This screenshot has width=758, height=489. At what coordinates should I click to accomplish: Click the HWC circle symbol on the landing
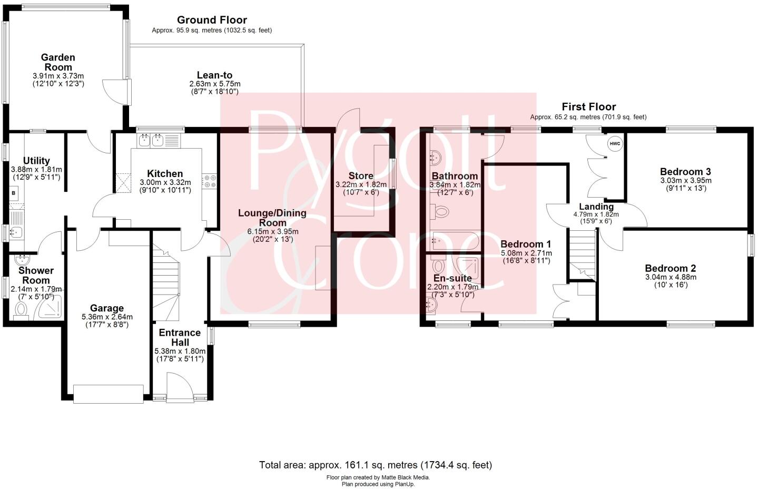[x=615, y=143]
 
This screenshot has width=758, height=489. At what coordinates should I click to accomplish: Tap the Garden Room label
[x=58, y=62]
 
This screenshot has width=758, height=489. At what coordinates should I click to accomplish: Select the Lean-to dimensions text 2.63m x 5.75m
[x=214, y=84]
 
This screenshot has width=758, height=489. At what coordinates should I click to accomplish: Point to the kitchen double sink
[x=150, y=140]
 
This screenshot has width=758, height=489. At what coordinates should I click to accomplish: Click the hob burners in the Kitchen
[x=212, y=181]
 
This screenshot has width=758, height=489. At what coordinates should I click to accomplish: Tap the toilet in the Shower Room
[x=21, y=311]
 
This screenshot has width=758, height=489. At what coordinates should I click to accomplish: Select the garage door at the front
[x=109, y=394]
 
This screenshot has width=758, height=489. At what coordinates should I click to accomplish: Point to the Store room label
[x=361, y=176]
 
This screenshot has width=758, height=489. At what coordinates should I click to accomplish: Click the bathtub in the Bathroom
[x=454, y=243]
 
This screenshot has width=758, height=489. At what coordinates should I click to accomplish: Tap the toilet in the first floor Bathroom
[x=440, y=212]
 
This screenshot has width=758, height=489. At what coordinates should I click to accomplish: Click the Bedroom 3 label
[x=685, y=171]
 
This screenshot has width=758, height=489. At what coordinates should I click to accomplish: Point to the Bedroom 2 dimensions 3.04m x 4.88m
[x=670, y=277]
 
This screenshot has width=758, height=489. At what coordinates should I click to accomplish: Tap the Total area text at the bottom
[x=375, y=465]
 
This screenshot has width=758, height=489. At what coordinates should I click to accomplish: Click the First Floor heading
[x=588, y=107]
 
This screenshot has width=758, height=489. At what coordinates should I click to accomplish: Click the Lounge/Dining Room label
[x=272, y=218]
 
